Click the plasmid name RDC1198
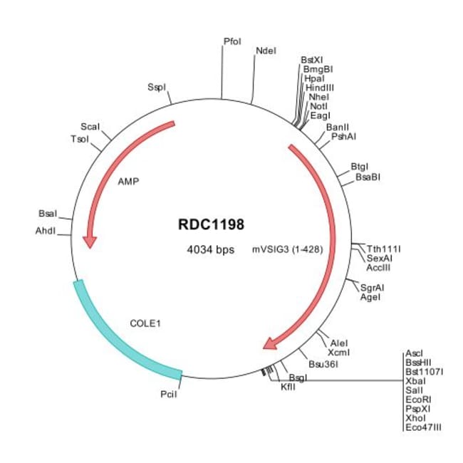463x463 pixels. [x=211, y=224]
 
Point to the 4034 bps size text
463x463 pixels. [x=211, y=250]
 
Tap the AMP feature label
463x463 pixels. [x=128, y=182]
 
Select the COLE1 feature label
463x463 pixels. [x=145, y=323]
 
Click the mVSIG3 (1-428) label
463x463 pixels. [x=287, y=249]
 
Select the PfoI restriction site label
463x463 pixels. [x=232, y=41]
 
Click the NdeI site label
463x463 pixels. [x=266, y=51]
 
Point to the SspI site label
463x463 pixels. [x=157, y=88]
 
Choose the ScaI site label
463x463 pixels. [x=90, y=127]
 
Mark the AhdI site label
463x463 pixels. [x=46, y=231]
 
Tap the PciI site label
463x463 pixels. [x=169, y=394]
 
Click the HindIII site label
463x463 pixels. [x=320, y=88]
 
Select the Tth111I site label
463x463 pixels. [x=383, y=249]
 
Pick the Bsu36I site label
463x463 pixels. [x=323, y=364]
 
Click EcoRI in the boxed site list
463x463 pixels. [x=418, y=400]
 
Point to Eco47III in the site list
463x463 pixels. [x=423, y=427]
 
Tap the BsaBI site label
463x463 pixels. [x=368, y=177]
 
